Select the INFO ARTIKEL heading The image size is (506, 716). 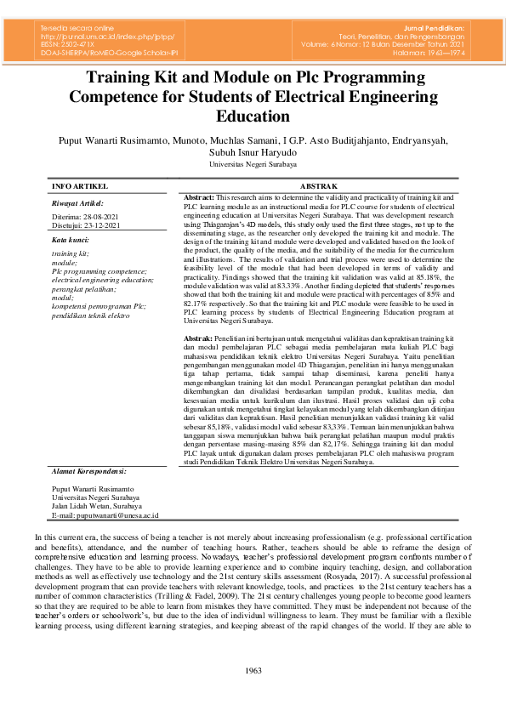80,185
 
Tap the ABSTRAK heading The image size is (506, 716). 319,185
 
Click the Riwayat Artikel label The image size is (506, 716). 77,203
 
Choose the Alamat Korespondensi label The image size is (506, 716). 89,470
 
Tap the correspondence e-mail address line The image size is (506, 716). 105,515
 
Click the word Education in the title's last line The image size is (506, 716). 253,116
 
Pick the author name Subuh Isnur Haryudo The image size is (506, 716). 253,152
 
